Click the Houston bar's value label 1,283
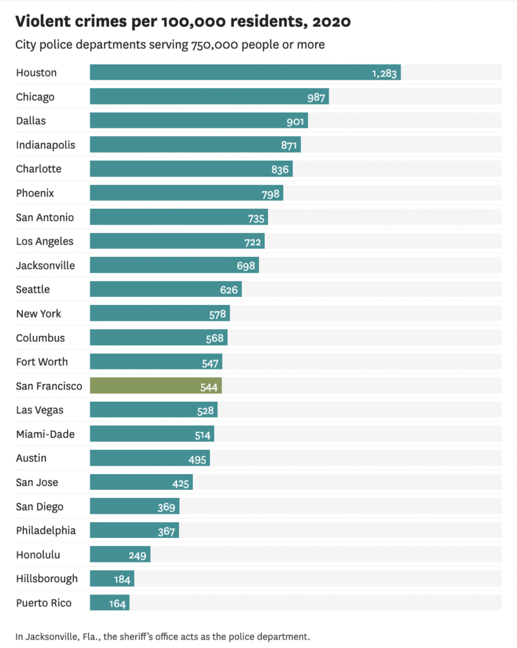(x=384, y=73)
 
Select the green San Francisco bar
(x=155, y=386)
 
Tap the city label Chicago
(x=35, y=97)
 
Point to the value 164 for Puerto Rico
(x=118, y=603)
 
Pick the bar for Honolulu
(x=120, y=555)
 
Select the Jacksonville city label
(x=46, y=265)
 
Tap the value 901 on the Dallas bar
(x=296, y=121)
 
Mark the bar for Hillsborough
(x=112, y=579)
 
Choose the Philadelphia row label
(x=46, y=530)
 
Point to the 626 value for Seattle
(x=229, y=290)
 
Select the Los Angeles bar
(x=177, y=241)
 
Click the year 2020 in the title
(x=328, y=22)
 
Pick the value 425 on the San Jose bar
(x=181, y=483)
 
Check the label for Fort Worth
(x=42, y=362)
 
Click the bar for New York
(x=159, y=314)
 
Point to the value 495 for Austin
(x=198, y=459)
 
